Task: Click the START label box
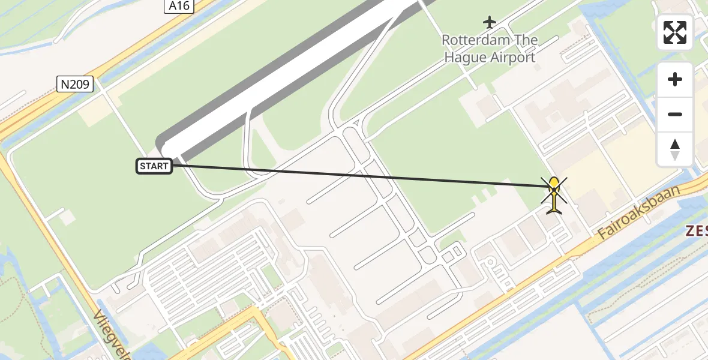click(x=154, y=166)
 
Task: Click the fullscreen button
click(x=675, y=32)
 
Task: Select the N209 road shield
click(x=76, y=85)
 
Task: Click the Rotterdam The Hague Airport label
click(x=490, y=49)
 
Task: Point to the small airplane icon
click(x=490, y=23)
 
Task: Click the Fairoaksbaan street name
click(x=639, y=213)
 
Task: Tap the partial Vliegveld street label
click(x=112, y=336)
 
